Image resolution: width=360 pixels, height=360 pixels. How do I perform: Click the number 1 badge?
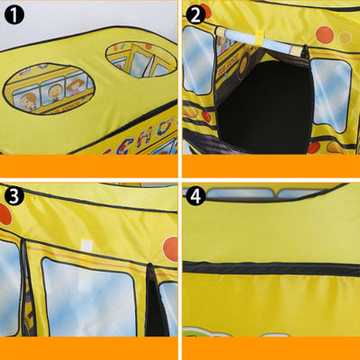[13, 14]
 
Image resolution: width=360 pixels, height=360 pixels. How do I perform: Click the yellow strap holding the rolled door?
[255, 37]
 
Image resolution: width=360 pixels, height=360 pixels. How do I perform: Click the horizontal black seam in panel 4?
[270, 268]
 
